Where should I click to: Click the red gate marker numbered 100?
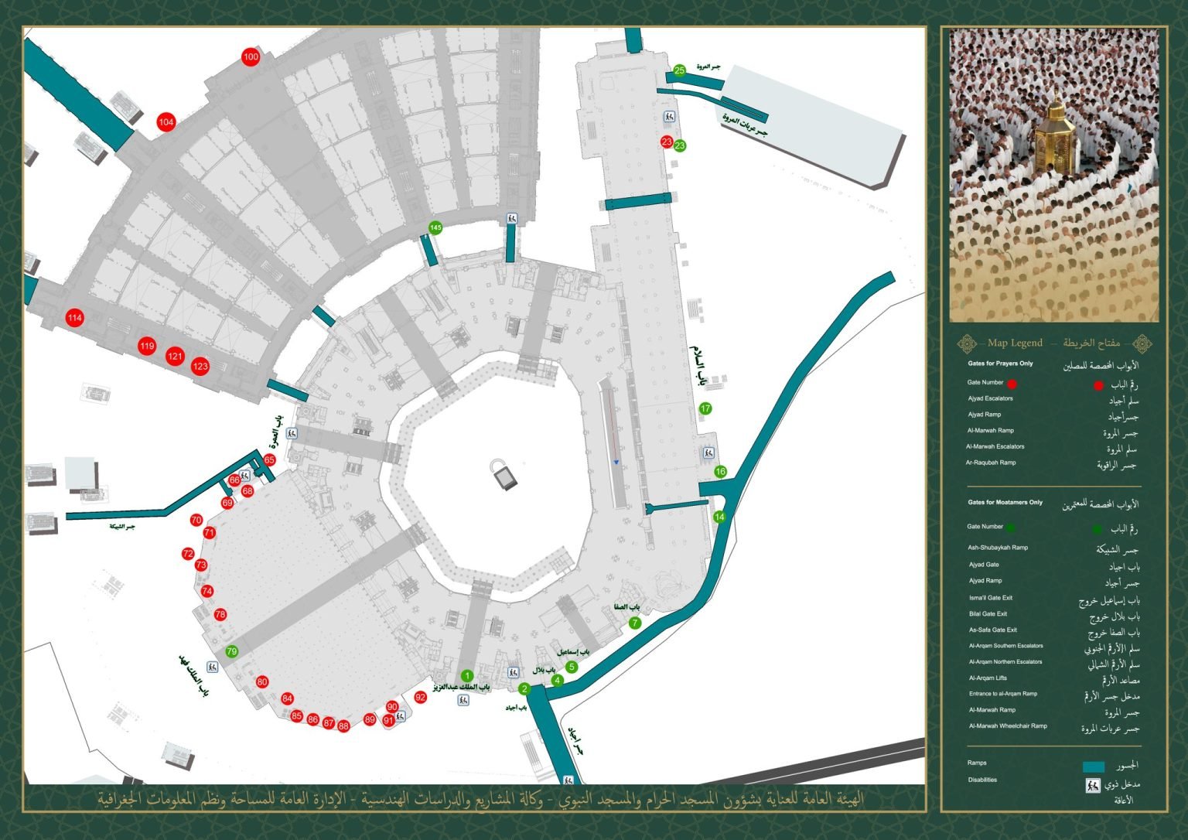tap(251, 57)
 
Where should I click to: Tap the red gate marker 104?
tap(166, 122)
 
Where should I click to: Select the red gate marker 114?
tap(74, 318)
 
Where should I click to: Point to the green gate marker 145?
tap(435, 227)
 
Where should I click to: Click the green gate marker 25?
tap(679, 70)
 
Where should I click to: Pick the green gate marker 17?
tap(705, 408)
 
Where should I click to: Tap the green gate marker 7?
tap(635, 623)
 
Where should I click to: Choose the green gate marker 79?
tap(231, 651)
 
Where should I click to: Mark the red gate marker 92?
tap(420, 697)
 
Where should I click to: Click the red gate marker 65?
tap(269, 460)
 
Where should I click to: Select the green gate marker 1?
tap(466, 676)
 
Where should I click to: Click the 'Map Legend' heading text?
tap(1015, 343)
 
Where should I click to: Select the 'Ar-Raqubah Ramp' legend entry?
tap(990, 463)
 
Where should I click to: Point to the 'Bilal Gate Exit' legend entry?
tap(988, 613)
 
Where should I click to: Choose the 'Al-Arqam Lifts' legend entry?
tap(987, 678)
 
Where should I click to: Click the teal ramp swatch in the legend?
tap(1093, 767)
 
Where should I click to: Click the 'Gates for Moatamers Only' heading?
tap(1005, 502)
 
